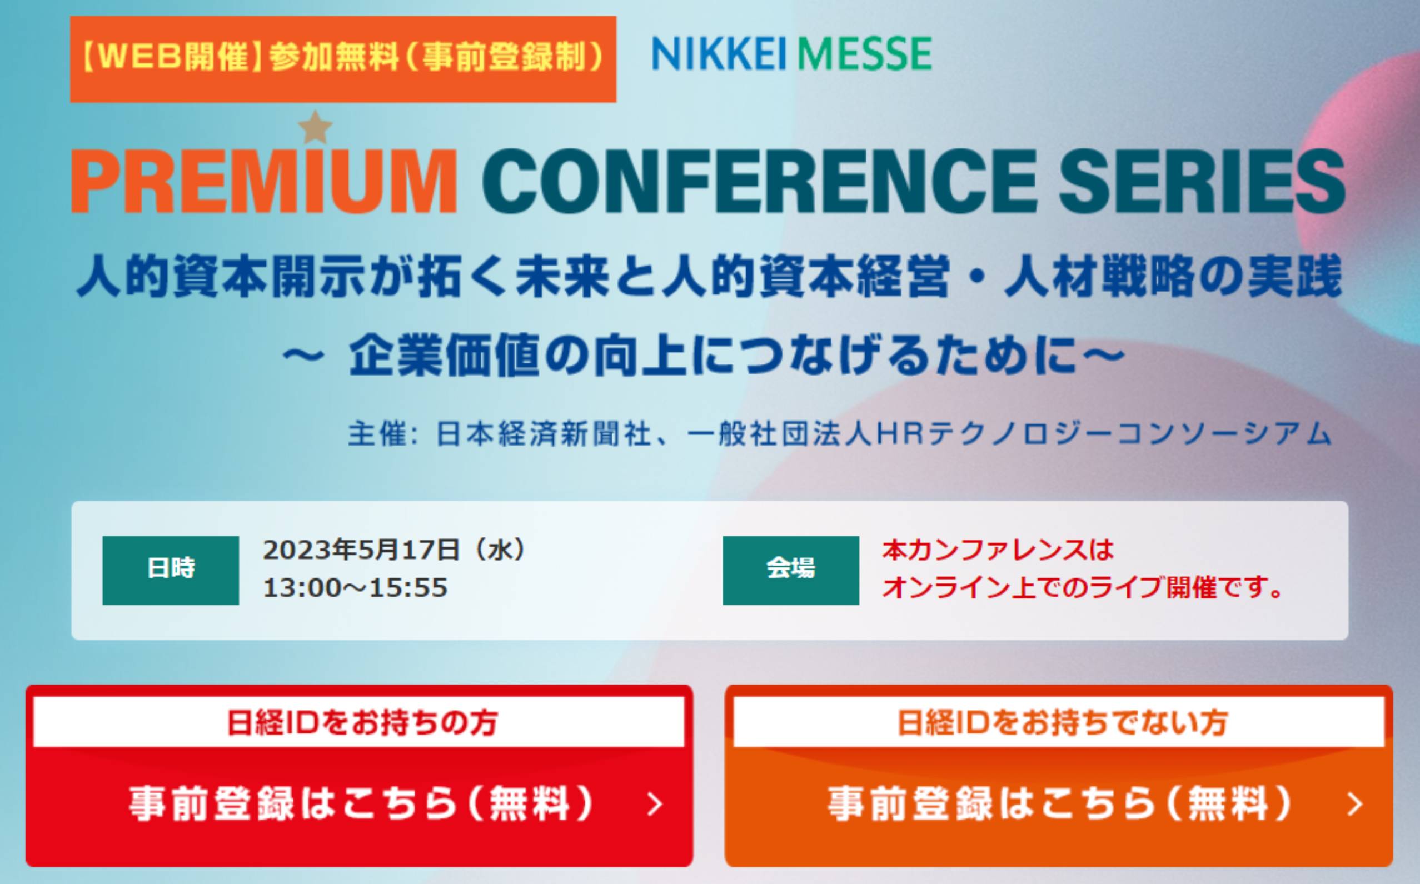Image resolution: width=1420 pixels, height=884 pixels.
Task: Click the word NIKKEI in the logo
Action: pos(720,53)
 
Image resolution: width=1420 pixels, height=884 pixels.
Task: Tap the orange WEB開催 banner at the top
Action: pos(343,59)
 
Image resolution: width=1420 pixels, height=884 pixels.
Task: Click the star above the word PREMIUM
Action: pos(315,128)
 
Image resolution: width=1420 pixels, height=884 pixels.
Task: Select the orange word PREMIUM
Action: pos(264,181)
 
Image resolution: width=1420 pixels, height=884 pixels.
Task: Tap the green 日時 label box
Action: pos(171,570)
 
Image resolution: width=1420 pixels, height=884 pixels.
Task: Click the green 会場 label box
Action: pos(791,570)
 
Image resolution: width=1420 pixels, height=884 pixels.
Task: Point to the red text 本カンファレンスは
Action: pos(998,550)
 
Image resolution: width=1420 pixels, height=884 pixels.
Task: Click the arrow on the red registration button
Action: pos(656,805)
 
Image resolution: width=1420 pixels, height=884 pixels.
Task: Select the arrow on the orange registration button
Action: pos(1354,805)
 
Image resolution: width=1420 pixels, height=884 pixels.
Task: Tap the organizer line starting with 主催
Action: pos(840,434)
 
